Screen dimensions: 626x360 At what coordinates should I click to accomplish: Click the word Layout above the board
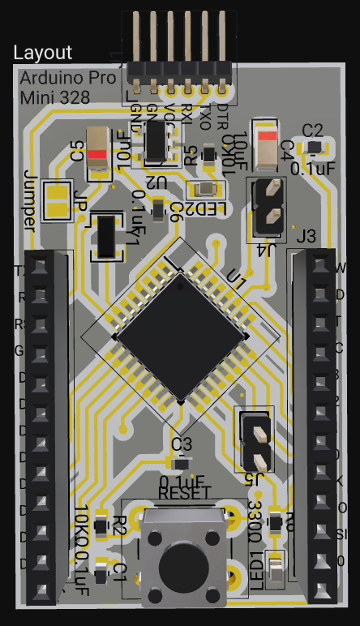click(x=43, y=53)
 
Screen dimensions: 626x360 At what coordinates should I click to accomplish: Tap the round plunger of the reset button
click(x=182, y=567)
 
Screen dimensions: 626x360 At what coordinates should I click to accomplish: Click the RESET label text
click(x=184, y=493)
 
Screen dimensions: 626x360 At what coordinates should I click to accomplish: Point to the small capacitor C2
click(x=313, y=147)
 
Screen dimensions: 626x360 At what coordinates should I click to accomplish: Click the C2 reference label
click(x=312, y=130)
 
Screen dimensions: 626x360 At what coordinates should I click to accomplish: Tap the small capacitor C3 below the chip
click(x=181, y=463)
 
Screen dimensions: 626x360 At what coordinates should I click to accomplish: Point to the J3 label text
click(x=306, y=237)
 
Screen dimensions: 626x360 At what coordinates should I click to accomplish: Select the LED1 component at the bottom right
click(x=276, y=569)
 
